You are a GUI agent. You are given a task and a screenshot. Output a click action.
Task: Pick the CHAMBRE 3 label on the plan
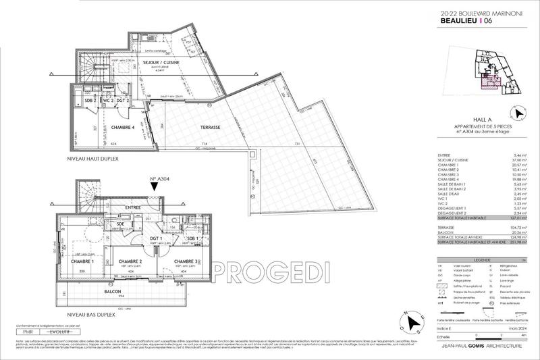coord(185,261)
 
